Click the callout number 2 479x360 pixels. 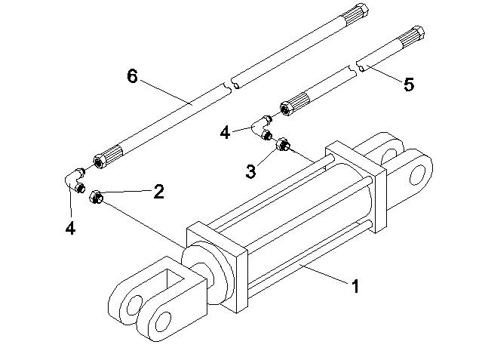[x=158, y=192]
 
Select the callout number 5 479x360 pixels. [x=408, y=85]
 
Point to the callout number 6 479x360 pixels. [x=133, y=75]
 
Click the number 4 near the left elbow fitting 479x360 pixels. [x=69, y=226]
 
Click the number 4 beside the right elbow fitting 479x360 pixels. [x=225, y=133]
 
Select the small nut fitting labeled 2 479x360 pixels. [x=96, y=198]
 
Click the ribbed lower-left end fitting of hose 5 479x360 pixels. [x=296, y=103]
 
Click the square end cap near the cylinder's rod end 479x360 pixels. [x=219, y=264]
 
